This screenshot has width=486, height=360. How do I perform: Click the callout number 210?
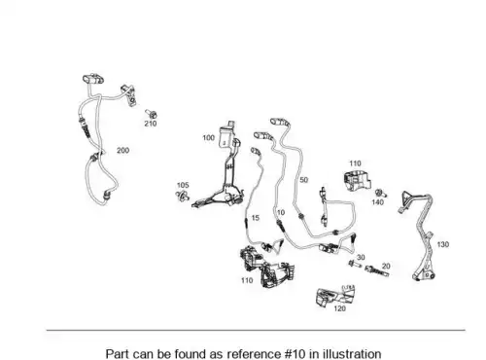tap(151, 124)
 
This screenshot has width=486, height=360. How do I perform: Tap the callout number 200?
tap(122, 151)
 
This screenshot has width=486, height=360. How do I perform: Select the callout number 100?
tap(209, 138)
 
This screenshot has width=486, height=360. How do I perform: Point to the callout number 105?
tap(183, 185)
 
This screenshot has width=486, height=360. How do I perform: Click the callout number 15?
tap(256, 218)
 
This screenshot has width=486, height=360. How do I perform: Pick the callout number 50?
tap(303, 180)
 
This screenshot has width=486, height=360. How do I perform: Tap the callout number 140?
tap(377, 202)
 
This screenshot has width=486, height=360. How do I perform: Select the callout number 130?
tap(443, 244)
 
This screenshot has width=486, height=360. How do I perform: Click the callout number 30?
tap(361, 257)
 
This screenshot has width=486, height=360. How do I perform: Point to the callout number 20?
tap(386, 266)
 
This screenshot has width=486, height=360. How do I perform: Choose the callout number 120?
tap(339, 308)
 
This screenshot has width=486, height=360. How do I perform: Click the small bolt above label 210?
tap(152, 114)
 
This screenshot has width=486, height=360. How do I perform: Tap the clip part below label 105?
tap(183, 196)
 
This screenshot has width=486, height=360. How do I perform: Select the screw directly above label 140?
tap(380, 194)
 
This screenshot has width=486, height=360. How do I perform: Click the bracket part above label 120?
tap(334, 295)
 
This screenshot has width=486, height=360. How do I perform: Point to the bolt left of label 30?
tap(354, 265)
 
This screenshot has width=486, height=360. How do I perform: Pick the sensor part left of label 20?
tap(376, 271)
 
